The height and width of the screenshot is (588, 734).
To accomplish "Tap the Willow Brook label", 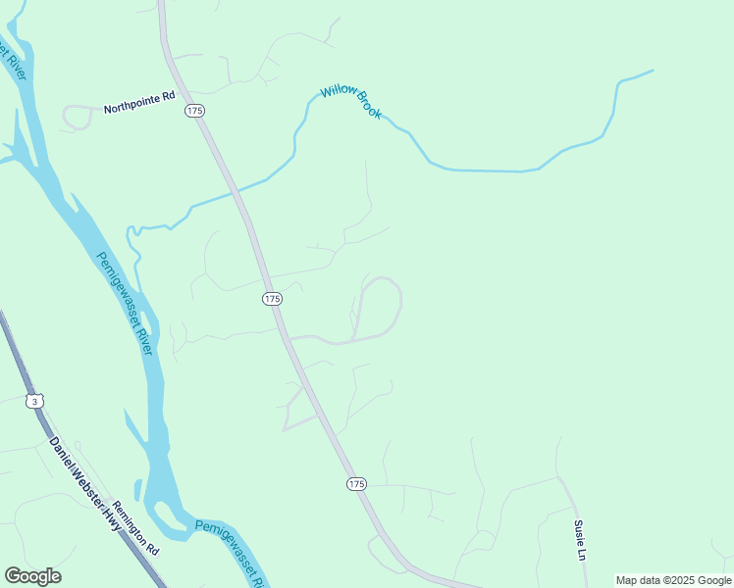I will pos(350,102).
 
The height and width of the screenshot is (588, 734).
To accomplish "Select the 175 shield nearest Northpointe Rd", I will pos(194,112).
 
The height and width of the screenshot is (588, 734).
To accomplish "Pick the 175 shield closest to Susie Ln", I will pos(356,484).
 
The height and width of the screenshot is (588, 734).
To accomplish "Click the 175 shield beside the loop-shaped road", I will pos(272,298).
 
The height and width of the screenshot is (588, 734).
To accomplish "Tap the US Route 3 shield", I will pos(35,401).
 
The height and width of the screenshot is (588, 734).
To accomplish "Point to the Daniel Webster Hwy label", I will pos(85,483).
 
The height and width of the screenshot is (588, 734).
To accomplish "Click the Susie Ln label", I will pos(581,539).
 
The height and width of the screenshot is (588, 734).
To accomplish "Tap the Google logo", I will pos(32,576).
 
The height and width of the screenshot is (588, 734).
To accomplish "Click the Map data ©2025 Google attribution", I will pos(674,580).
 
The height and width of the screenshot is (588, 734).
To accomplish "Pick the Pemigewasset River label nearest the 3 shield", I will pos(127,305).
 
